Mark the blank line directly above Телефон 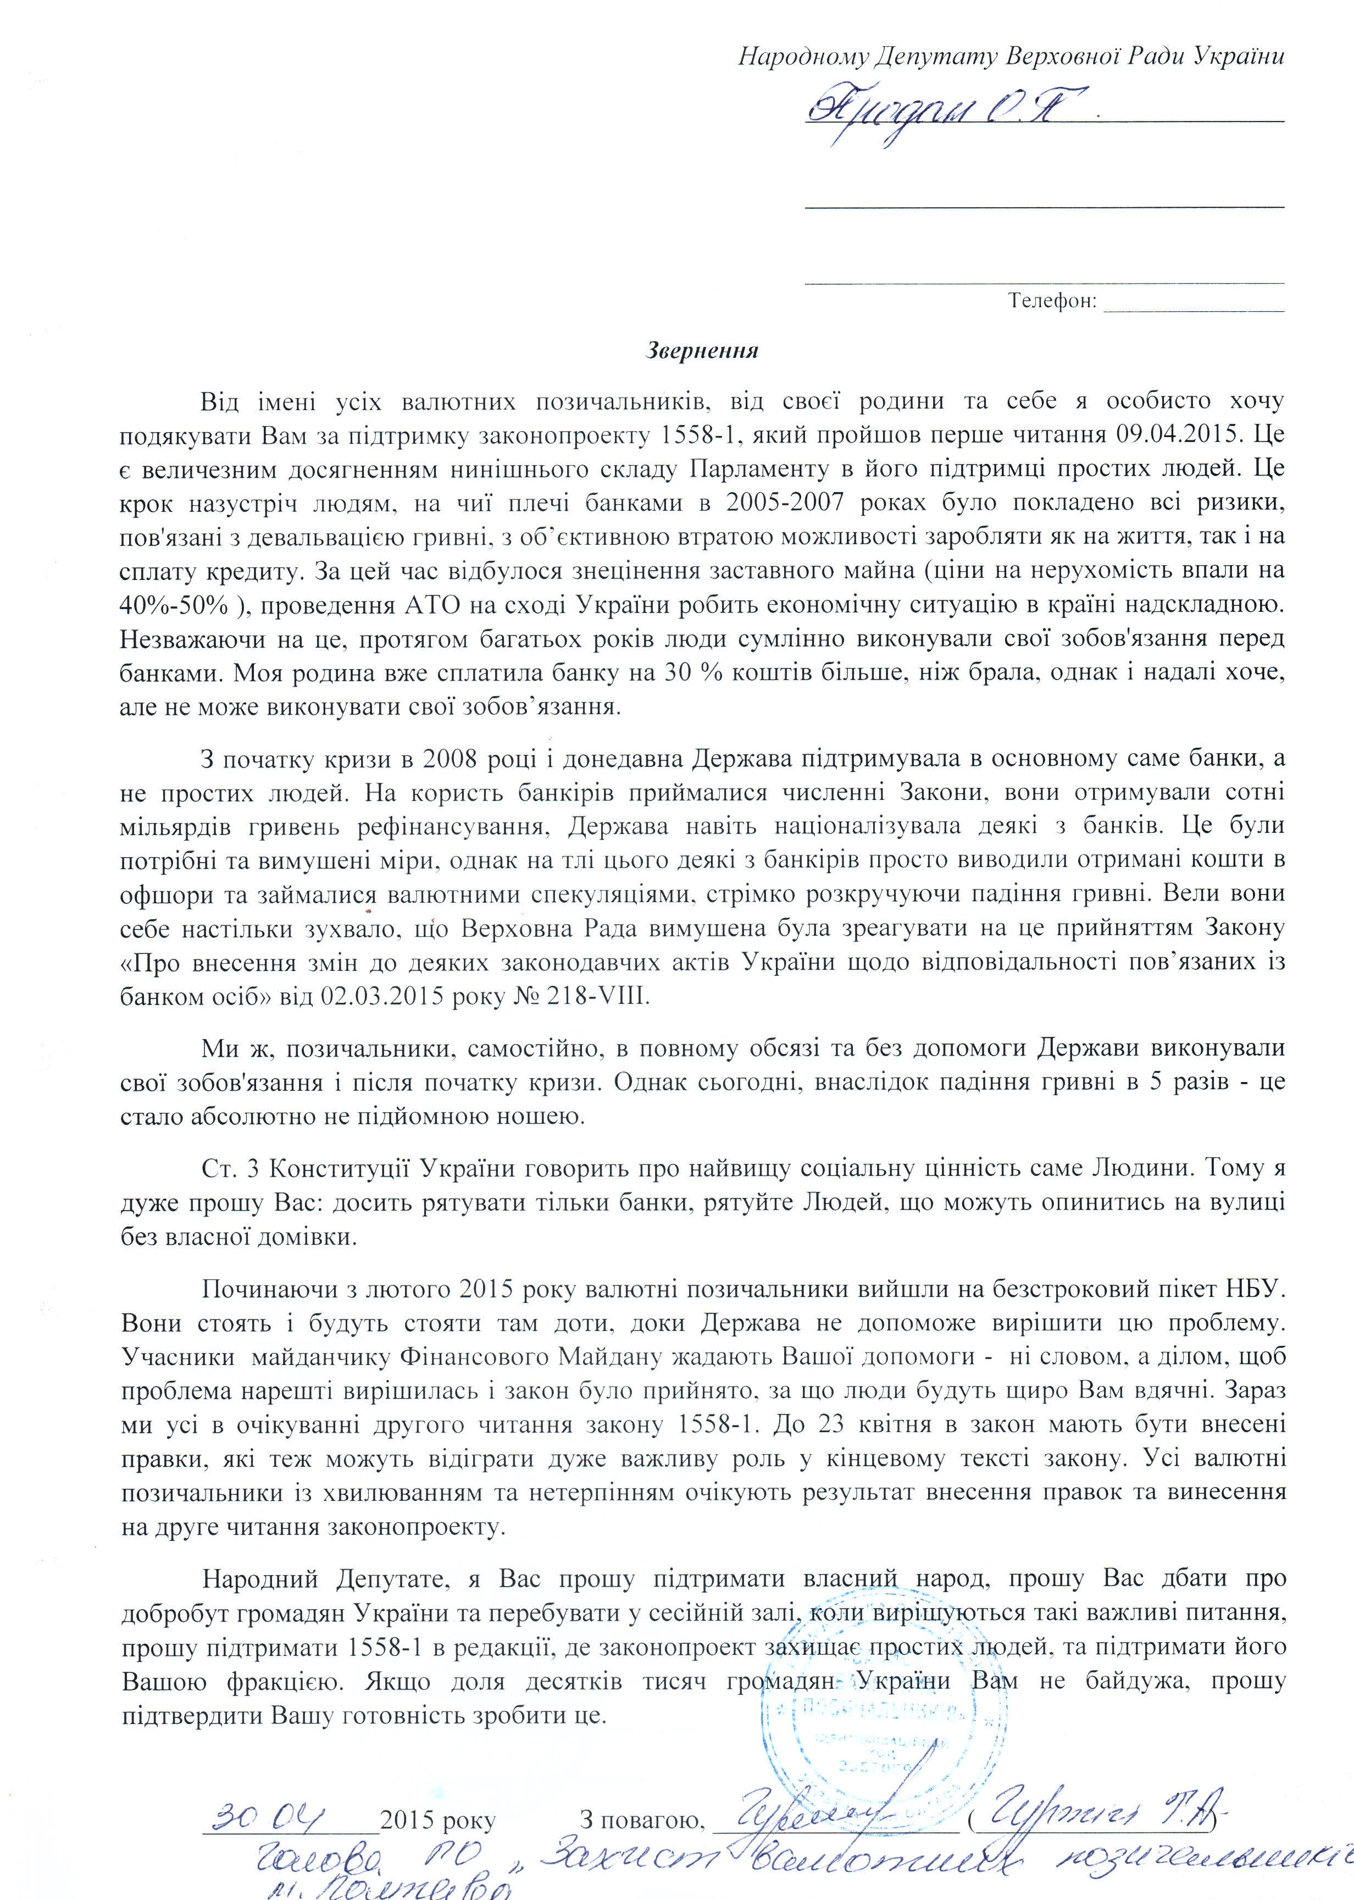pyautogui.click(x=1044, y=284)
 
